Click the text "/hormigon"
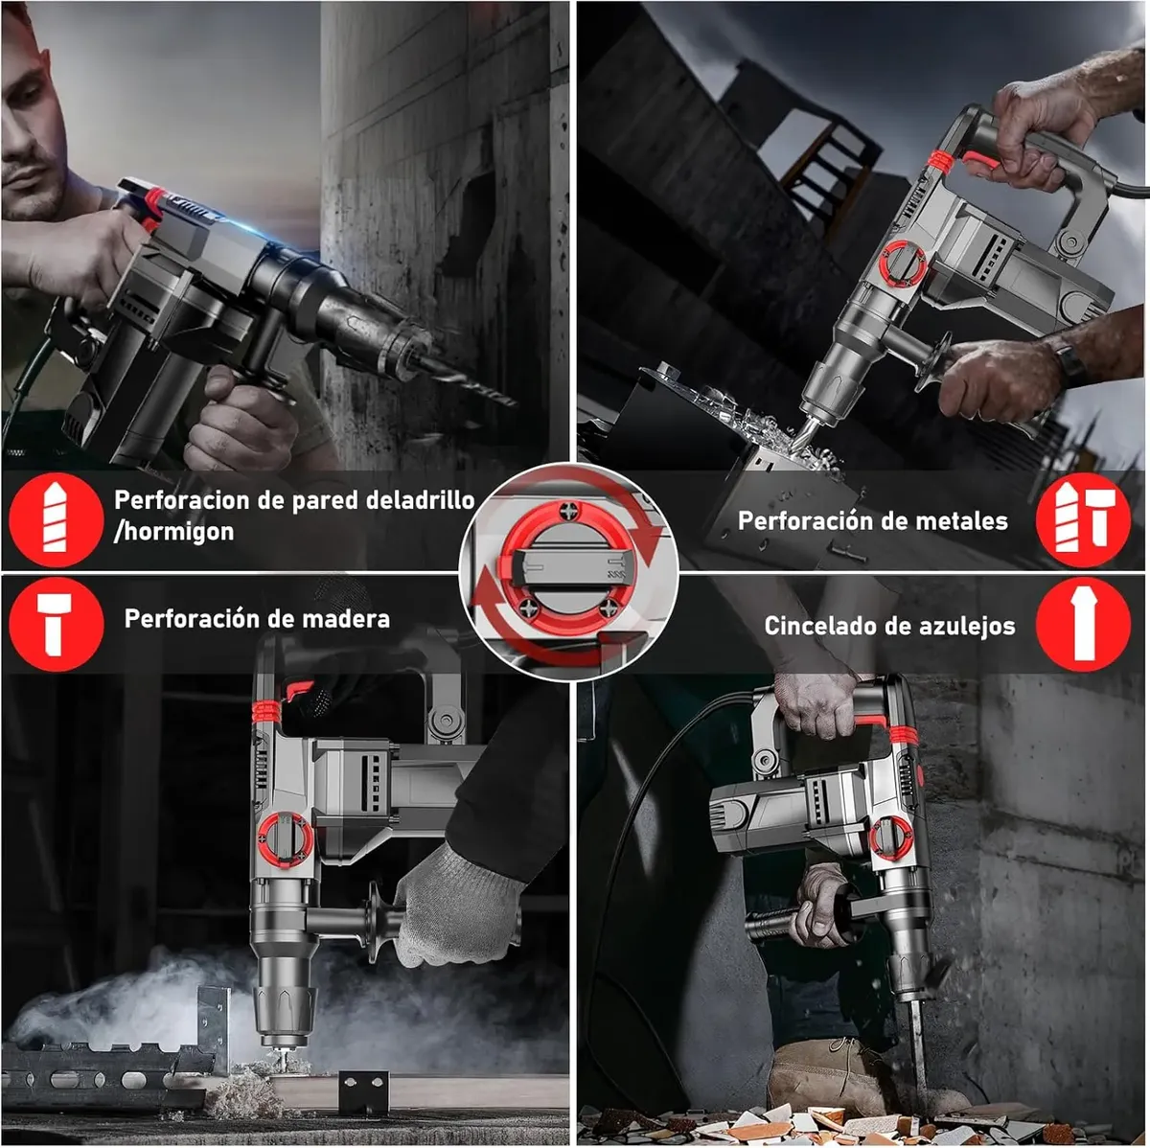[173, 531]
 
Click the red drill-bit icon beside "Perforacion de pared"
[56, 519]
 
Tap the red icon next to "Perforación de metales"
[1083, 520]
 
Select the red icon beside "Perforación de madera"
[57, 625]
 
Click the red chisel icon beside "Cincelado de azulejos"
[1083, 625]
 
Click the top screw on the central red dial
[567, 511]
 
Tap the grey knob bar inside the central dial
[568, 569]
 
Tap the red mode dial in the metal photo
[904, 264]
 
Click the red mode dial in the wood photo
[285, 840]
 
